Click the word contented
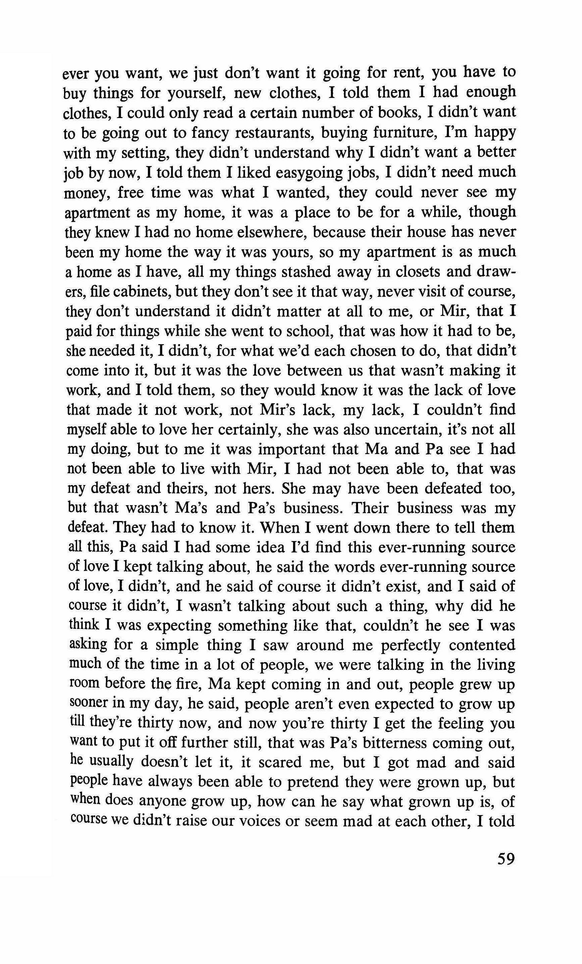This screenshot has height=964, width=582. click(x=482, y=645)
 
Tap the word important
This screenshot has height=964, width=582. click(x=291, y=449)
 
